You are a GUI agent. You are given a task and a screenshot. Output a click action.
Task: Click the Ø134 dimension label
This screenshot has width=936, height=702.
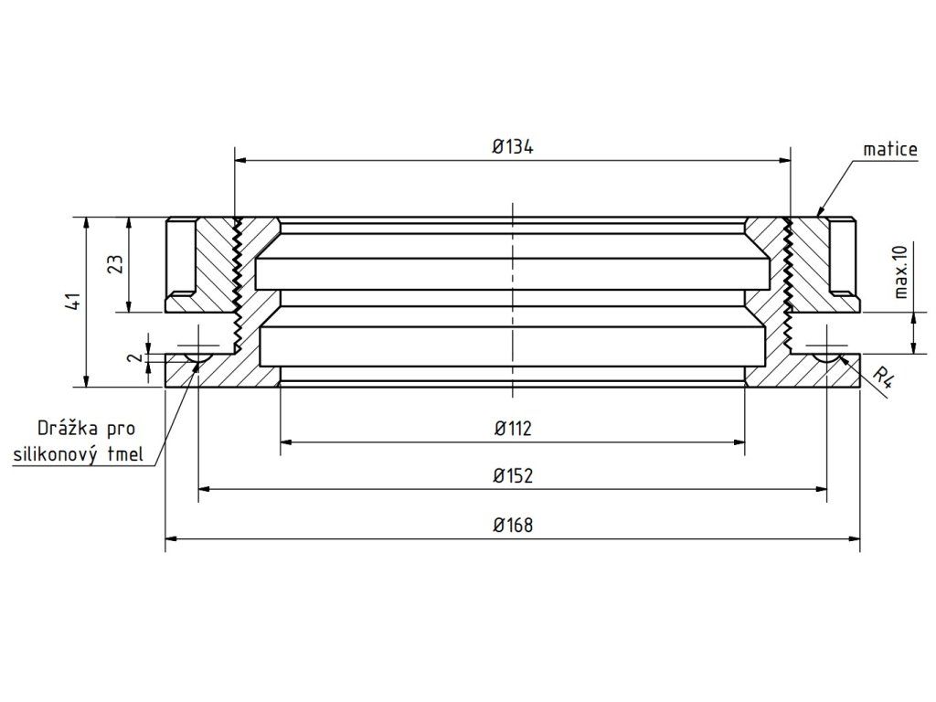pyautogui.click(x=513, y=146)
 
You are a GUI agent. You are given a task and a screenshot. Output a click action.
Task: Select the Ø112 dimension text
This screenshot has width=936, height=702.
pyautogui.click(x=513, y=429)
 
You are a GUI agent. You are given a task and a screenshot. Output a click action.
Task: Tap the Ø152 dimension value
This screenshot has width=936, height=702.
pyautogui.click(x=513, y=475)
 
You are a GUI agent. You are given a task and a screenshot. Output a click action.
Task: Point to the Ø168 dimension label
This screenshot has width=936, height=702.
pyautogui.click(x=513, y=526)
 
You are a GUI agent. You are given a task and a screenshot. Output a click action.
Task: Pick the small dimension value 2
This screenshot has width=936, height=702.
pyautogui.click(x=137, y=357)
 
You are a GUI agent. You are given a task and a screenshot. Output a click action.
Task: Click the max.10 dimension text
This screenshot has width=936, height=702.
pyautogui.click(x=900, y=271)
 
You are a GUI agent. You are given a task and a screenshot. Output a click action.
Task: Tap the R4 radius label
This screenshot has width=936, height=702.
pyautogui.click(x=882, y=378)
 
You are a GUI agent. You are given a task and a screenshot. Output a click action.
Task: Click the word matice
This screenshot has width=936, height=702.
pyautogui.click(x=890, y=149)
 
